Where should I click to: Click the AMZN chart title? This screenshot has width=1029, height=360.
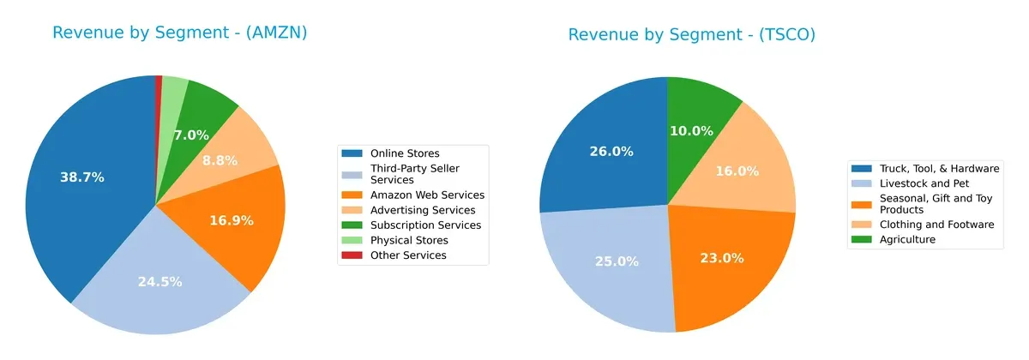coord(179,33)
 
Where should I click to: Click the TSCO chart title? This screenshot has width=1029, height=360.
coord(691,34)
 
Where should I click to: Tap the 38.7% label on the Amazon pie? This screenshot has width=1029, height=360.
coord(82,177)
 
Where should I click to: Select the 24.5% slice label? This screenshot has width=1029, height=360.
coord(159,281)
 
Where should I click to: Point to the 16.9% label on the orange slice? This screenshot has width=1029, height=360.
coord(232,220)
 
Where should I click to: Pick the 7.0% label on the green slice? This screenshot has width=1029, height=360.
coord(191,135)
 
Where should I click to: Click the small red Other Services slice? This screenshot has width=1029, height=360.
coord(159,81)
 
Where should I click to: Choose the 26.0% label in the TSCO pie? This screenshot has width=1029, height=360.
coord(611,152)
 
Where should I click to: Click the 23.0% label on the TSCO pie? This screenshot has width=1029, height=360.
coord(722,258)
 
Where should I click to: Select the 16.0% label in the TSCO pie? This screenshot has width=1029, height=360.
coord(737,171)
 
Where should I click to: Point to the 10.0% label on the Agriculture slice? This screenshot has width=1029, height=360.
coord(691,131)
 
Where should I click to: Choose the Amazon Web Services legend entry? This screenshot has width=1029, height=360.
coord(427,195)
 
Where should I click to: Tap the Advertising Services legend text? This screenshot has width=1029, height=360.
coord(423,210)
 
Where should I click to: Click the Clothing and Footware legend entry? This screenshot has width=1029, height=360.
coord(937,225)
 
